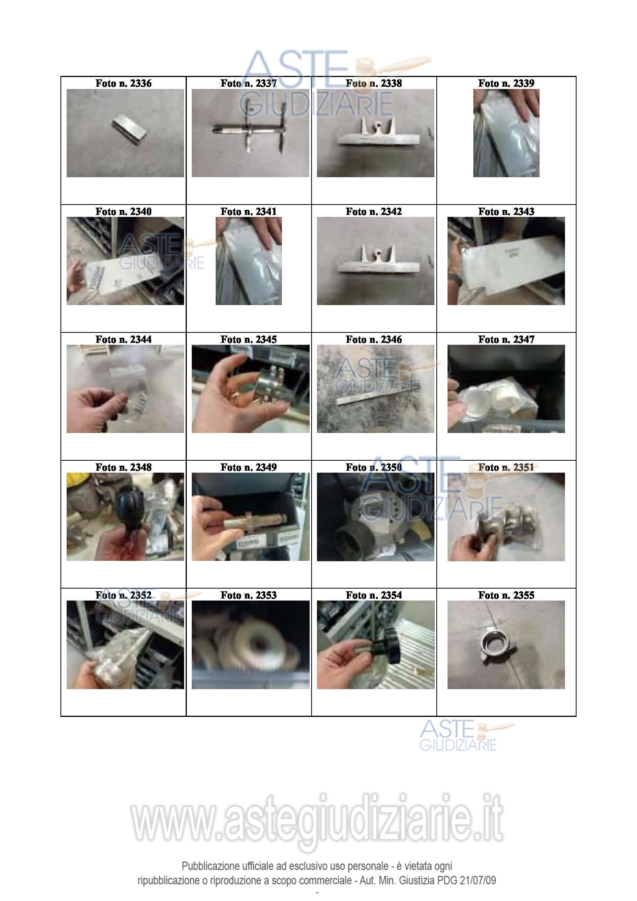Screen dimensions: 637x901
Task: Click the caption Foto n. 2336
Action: [123, 83]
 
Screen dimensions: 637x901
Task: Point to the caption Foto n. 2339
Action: [506, 83]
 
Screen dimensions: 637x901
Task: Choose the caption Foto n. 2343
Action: [506, 211]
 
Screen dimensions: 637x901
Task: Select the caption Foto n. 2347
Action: [506, 339]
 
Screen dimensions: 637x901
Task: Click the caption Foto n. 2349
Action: [248, 467]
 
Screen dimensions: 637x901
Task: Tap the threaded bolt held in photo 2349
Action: [255, 521]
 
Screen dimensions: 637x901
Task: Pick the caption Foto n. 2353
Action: [248, 595]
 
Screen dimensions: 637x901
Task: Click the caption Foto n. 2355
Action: [506, 595]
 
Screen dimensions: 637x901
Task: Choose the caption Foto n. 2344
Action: [123, 339]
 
